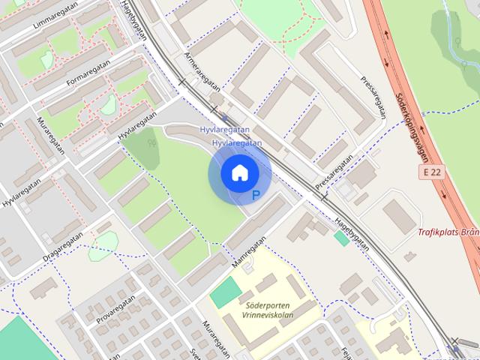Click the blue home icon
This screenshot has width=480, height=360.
coord(238,172)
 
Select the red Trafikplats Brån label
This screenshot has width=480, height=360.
coord(449,232)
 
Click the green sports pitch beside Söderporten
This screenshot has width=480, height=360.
coord(226,292)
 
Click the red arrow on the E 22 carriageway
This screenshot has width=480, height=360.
coord(387,35)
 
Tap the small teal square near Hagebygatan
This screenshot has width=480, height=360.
coord(341,238)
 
